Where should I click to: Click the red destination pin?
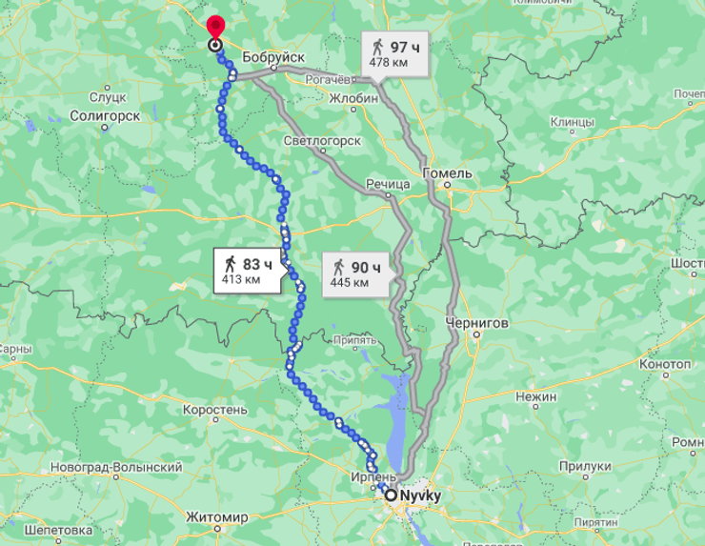(215, 28)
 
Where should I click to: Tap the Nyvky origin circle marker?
(391, 495)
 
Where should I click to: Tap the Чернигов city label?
(476, 323)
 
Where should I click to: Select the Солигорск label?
(105, 115)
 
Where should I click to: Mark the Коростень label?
(215, 410)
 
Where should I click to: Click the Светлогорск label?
(322, 141)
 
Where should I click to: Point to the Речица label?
(388, 183)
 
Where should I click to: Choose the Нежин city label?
(534, 394)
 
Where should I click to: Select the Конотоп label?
(664, 365)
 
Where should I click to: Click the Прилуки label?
(584, 466)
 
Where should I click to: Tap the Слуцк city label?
(107, 96)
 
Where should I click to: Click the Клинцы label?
(572, 122)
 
